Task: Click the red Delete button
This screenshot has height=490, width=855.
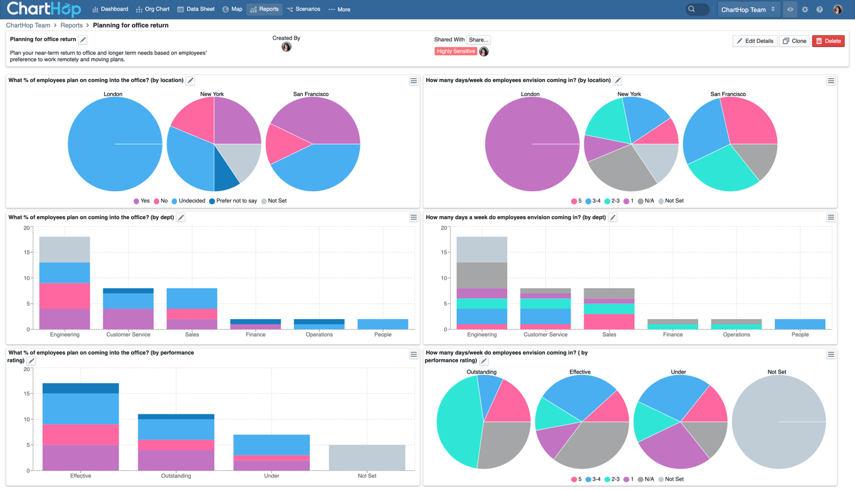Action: tap(828, 41)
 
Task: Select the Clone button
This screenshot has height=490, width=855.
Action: tap(794, 41)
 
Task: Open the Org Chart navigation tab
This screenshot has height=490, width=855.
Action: tap(153, 10)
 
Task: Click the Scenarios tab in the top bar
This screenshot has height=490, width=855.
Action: tap(303, 10)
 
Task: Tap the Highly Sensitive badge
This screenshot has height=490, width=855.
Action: tap(455, 52)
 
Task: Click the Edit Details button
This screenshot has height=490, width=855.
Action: tap(755, 41)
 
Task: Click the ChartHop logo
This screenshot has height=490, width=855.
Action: tap(43, 10)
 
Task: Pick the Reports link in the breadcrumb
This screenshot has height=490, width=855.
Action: tap(71, 26)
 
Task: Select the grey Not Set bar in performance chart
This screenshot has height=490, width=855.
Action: tap(367, 457)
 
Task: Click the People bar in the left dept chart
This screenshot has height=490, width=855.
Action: tap(383, 324)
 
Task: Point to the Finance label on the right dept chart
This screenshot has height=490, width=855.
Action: tap(673, 334)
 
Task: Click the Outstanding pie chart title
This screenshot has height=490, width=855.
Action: tap(482, 372)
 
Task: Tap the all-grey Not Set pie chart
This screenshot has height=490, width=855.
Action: tap(778, 422)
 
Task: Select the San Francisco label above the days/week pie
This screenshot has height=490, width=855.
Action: tap(728, 94)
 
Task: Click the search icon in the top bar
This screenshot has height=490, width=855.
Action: tap(692, 10)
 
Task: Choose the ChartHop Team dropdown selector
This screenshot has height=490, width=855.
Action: tap(748, 10)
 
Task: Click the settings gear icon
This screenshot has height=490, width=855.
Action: tap(805, 10)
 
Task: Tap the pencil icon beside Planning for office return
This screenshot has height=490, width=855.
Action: tap(83, 40)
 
